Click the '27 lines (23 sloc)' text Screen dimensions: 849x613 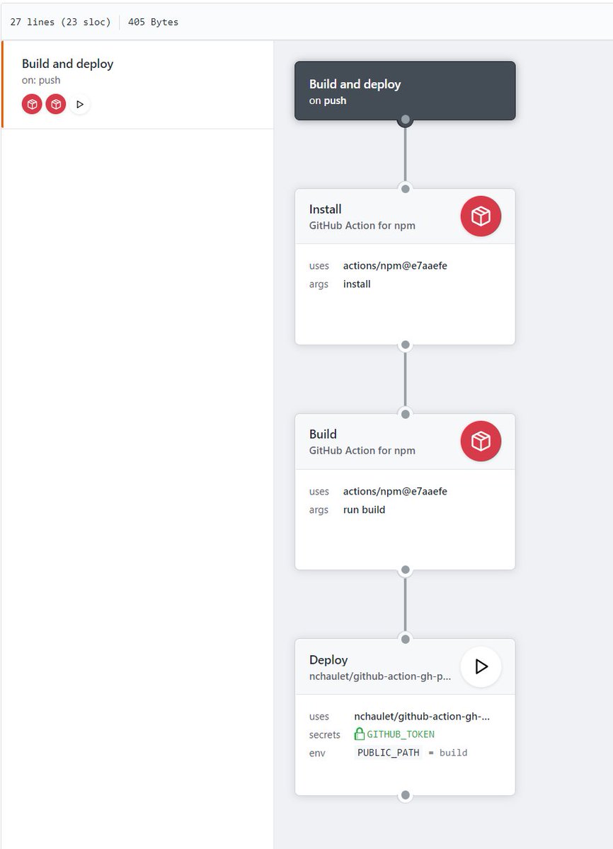click(60, 22)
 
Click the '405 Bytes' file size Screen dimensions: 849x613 click(153, 22)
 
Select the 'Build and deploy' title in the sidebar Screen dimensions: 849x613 click(67, 64)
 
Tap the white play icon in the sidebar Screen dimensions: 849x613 click(79, 104)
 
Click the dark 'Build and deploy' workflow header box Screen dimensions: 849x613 click(405, 91)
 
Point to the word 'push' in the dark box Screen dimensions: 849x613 click(336, 100)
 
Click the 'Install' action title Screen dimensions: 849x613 click(326, 209)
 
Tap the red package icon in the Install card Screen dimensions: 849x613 click(481, 216)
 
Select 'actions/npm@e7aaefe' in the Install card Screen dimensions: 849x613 click(395, 266)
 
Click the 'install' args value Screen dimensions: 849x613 click(357, 284)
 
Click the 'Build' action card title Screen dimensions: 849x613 click(323, 434)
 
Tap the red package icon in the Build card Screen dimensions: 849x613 click(481, 441)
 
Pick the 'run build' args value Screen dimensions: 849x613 click(364, 509)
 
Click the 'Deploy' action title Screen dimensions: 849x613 click(328, 660)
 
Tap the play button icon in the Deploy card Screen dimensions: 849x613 click(481, 666)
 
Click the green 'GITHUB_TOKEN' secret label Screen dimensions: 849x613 click(401, 734)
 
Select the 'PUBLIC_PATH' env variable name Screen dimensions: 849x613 click(388, 753)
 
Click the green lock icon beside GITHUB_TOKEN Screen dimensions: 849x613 click(360, 734)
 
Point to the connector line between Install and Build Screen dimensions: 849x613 click(405, 379)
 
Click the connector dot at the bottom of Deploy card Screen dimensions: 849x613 click(405, 795)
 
